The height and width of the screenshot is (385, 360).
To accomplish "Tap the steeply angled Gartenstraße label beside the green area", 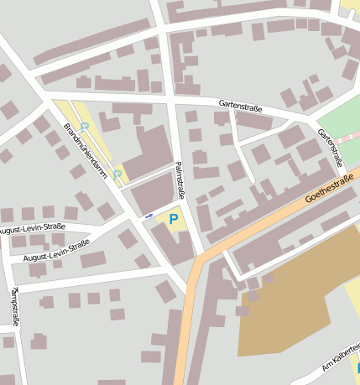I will [331, 148].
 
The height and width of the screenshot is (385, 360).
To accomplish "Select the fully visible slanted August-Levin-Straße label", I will [57, 251].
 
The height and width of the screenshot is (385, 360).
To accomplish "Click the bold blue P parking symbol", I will [174, 220].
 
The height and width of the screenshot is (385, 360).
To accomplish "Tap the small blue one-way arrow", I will [149, 216].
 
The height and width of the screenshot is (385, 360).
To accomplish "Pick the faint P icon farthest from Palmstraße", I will [85, 126].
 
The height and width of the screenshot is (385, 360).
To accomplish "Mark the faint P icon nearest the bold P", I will [117, 174].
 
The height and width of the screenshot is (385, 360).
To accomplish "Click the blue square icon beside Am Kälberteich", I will [357, 368].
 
